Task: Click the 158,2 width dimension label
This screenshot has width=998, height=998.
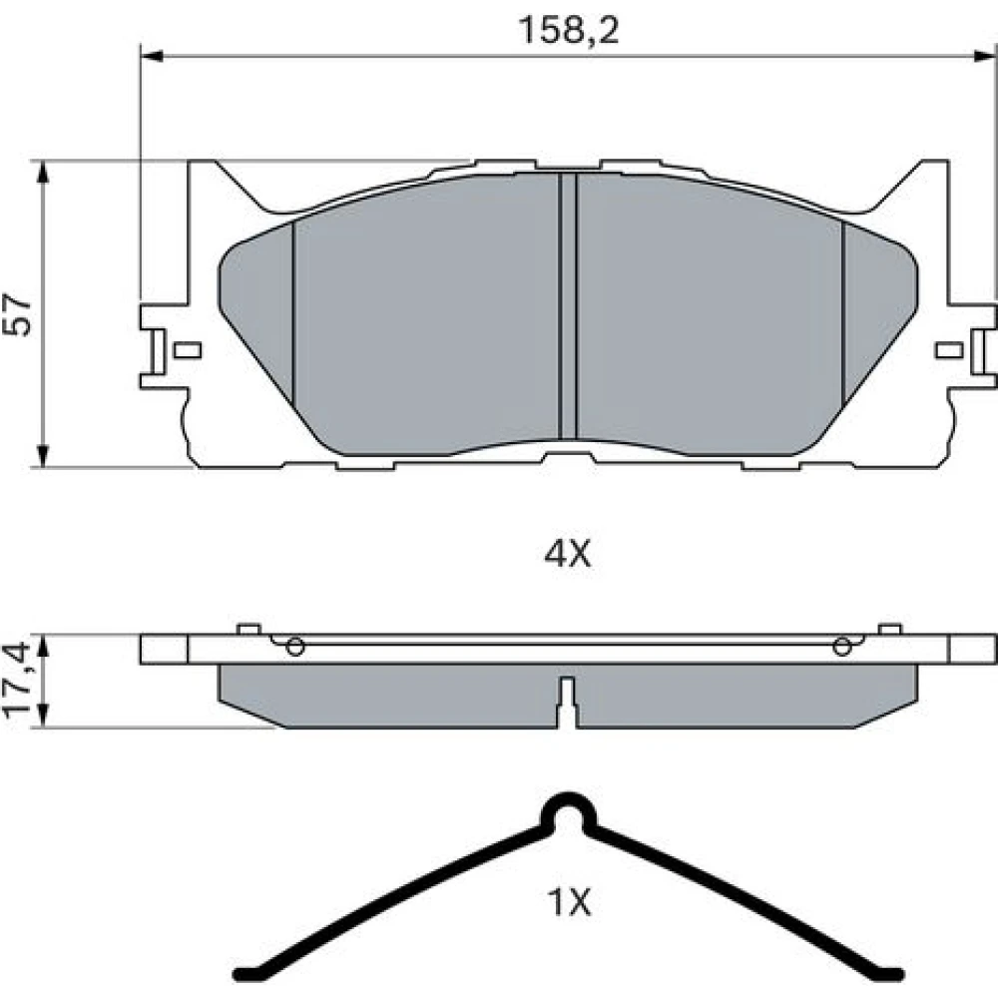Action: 569,31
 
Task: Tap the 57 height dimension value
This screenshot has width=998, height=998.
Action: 17,314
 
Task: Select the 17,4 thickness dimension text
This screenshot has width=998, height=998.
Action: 17,681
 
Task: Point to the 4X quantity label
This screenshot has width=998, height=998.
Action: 567,554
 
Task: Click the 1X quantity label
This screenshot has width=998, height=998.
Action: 569,902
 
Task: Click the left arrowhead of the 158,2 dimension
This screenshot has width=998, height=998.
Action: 152,57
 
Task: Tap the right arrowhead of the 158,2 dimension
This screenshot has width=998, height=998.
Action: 985,57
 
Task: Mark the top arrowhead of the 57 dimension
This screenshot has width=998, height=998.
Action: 43,172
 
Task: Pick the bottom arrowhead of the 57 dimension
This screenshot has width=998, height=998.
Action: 43,456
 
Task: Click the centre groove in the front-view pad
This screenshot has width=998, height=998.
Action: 567,306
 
